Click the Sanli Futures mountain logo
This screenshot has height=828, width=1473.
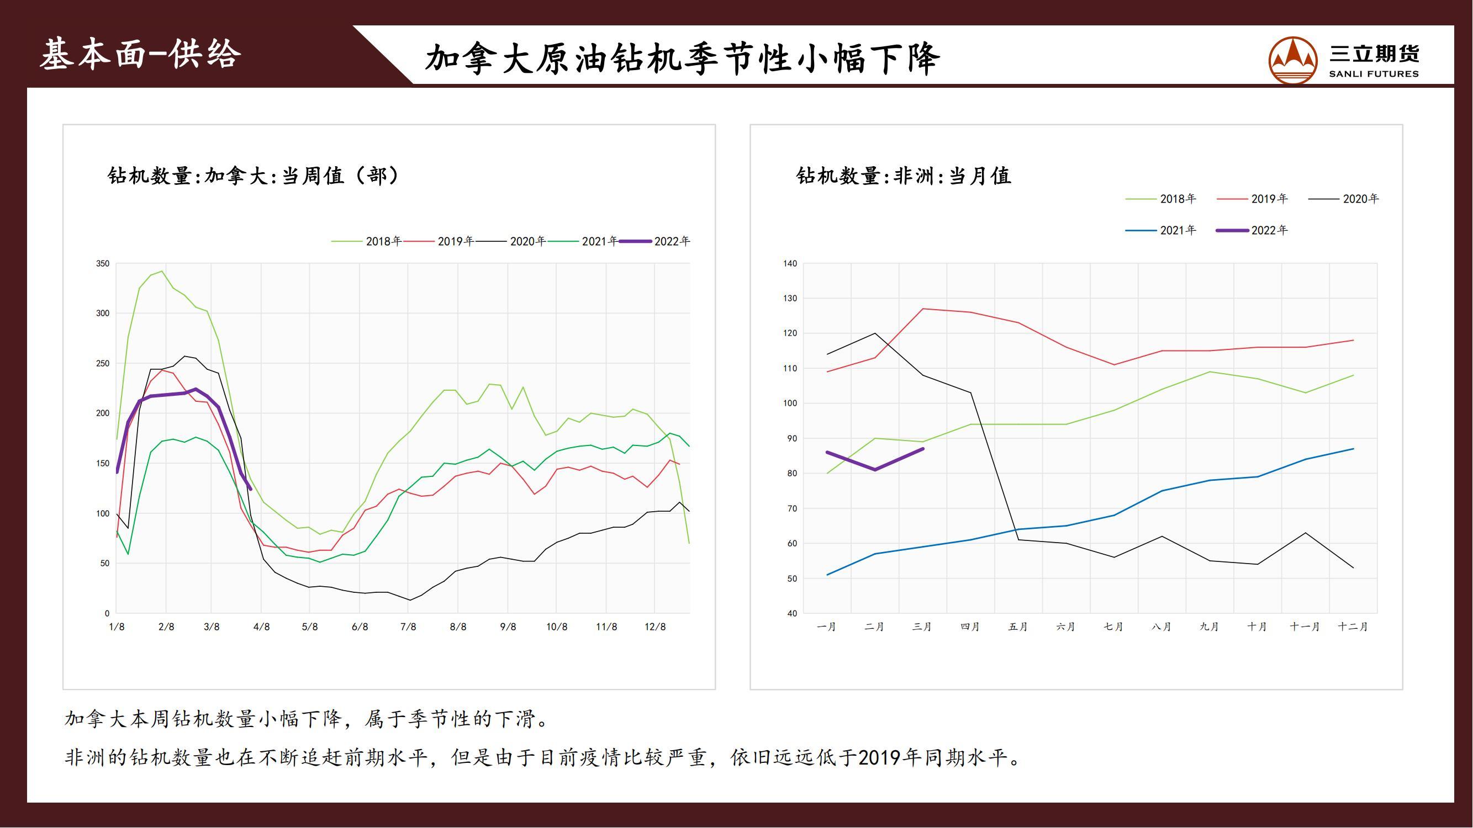(x=1293, y=60)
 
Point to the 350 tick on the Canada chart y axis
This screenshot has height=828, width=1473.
(x=103, y=263)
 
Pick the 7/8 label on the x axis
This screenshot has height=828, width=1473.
(x=408, y=627)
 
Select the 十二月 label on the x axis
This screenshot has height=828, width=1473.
(x=1353, y=627)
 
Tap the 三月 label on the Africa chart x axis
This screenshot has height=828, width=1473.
(x=922, y=627)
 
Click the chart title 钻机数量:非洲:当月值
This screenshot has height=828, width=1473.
(x=904, y=176)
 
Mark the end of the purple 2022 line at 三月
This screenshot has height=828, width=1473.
(x=923, y=449)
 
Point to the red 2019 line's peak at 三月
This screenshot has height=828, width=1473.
(x=923, y=309)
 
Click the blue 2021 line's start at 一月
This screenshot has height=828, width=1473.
(x=827, y=575)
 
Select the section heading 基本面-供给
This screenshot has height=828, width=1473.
(x=140, y=55)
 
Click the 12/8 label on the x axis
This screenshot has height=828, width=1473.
(x=655, y=627)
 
